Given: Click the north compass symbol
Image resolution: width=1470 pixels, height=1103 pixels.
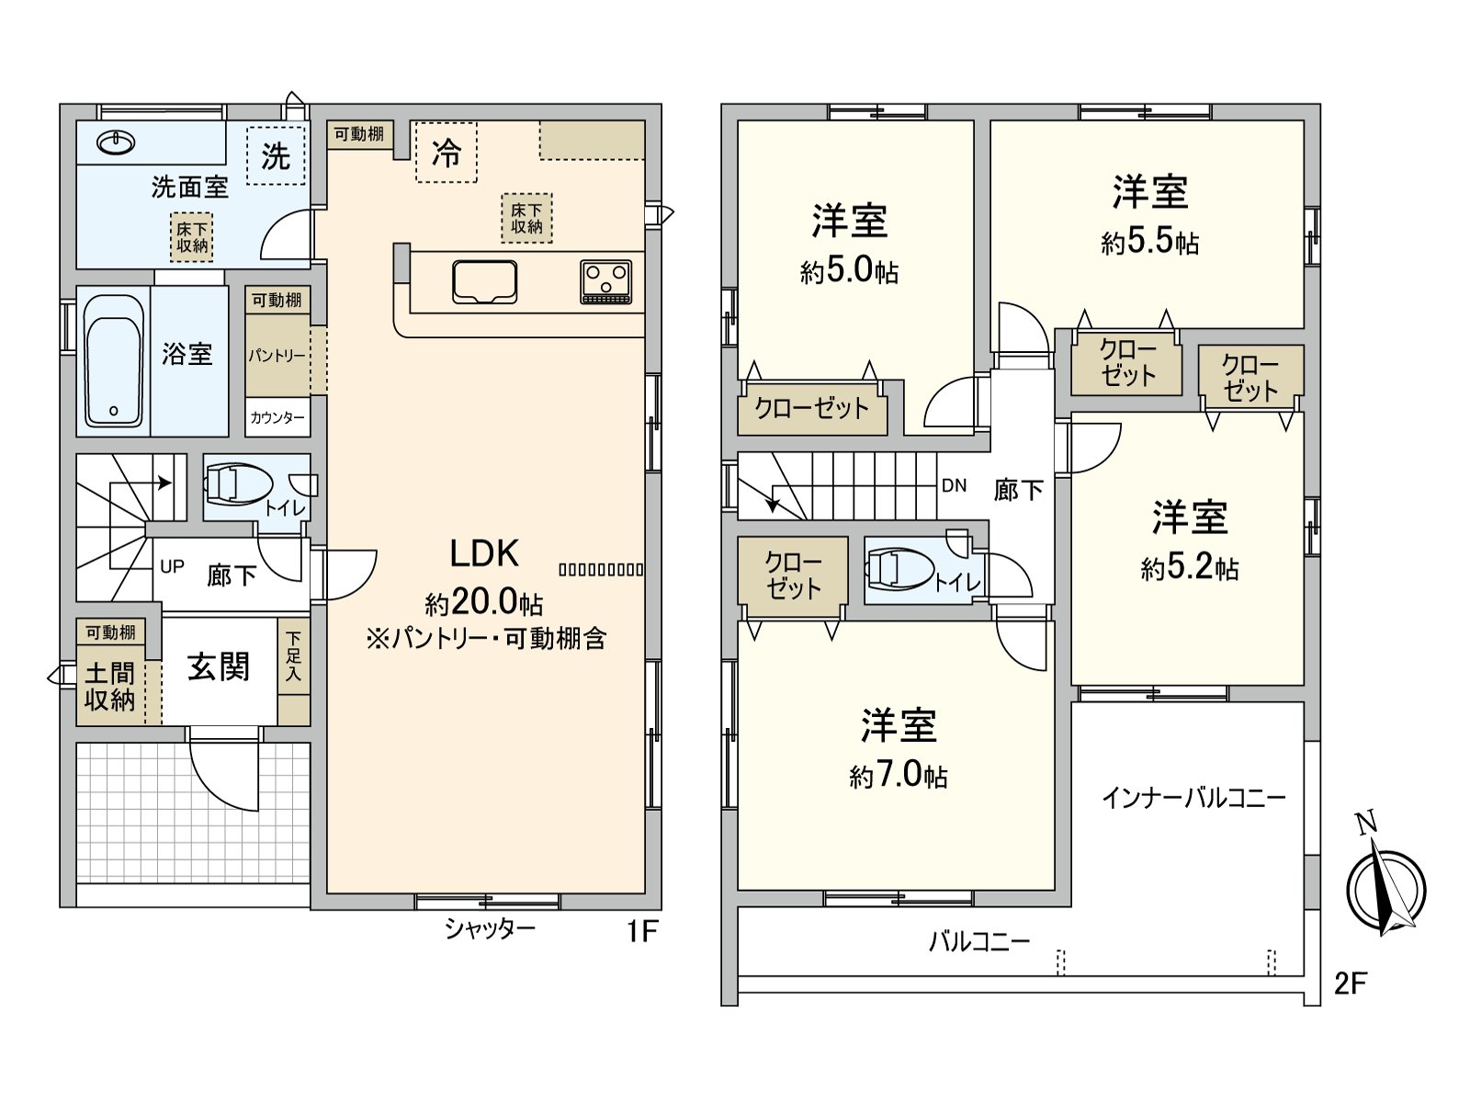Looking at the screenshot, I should [1386, 888].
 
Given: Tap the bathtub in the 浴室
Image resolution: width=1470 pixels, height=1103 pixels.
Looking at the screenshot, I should [113, 360].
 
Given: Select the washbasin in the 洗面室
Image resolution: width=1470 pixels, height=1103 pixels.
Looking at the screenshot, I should [116, 142].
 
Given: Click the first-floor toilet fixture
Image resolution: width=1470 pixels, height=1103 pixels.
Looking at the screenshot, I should [236, 484].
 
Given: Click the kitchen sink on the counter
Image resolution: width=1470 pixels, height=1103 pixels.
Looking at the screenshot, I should [484, 281].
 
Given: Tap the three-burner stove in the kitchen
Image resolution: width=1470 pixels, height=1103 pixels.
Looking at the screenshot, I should [605, 281].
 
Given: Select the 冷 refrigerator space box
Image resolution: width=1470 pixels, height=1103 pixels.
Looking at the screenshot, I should [446, 152].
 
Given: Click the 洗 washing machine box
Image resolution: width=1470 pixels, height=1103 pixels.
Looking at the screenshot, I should [276, 155].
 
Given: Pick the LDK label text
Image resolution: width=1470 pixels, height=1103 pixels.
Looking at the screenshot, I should [484, 553].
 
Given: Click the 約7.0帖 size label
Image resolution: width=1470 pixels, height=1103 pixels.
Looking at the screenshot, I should [898, 777].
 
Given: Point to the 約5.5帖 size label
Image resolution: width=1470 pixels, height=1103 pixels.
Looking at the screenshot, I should [1149, 242].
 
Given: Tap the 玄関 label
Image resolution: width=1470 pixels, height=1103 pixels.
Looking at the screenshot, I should [219, 667].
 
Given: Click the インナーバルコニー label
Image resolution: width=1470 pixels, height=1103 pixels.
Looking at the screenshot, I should [1193, 797].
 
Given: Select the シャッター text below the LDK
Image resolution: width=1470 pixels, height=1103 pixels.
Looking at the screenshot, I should [489, 929].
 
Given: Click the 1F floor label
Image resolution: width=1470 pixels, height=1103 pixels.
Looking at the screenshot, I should [642, 931].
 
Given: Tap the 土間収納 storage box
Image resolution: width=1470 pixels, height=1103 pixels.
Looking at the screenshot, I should [110, 686].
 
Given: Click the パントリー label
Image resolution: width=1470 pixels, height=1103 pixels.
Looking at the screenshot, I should [277, 356].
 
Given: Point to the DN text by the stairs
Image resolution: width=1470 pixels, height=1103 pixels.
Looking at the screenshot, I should [954, 485].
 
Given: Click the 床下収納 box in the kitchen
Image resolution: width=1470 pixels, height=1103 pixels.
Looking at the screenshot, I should [526, 219].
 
